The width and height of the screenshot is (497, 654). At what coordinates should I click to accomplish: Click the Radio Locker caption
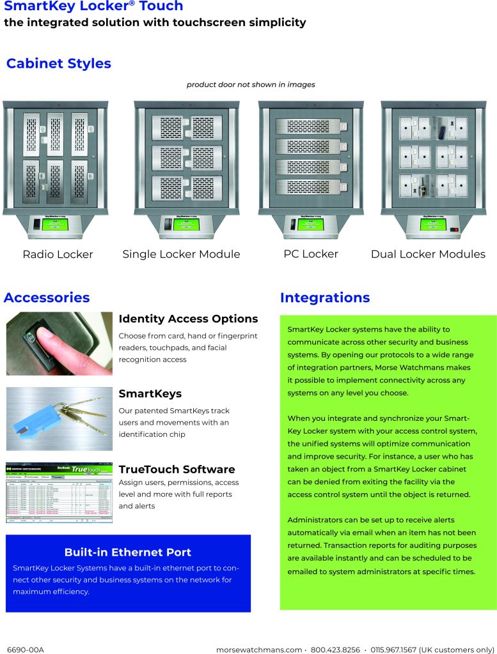58,254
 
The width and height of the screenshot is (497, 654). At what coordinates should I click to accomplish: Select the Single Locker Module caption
181,254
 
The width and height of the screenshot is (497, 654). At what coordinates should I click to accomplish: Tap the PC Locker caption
311,254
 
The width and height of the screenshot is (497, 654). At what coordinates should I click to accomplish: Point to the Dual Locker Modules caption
428,254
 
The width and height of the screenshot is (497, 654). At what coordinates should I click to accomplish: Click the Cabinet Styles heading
58,64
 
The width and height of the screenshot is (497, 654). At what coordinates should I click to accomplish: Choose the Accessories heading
47,298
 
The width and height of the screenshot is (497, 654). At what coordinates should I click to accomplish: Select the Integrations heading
325,298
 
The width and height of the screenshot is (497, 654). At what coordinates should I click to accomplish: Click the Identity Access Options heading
188,319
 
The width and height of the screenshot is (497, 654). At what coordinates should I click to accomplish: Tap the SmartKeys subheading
150,393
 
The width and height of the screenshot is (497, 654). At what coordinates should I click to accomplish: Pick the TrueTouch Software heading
177,469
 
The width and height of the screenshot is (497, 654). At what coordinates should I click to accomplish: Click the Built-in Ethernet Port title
127,552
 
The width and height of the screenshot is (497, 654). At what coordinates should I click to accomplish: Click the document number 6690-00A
25,650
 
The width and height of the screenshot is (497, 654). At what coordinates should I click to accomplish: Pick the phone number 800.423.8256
335,650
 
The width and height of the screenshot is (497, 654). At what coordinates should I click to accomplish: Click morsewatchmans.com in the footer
259,650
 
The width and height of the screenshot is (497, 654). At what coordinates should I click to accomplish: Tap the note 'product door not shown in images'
251,84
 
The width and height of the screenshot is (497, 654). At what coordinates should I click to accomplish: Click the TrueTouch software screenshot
59,492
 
